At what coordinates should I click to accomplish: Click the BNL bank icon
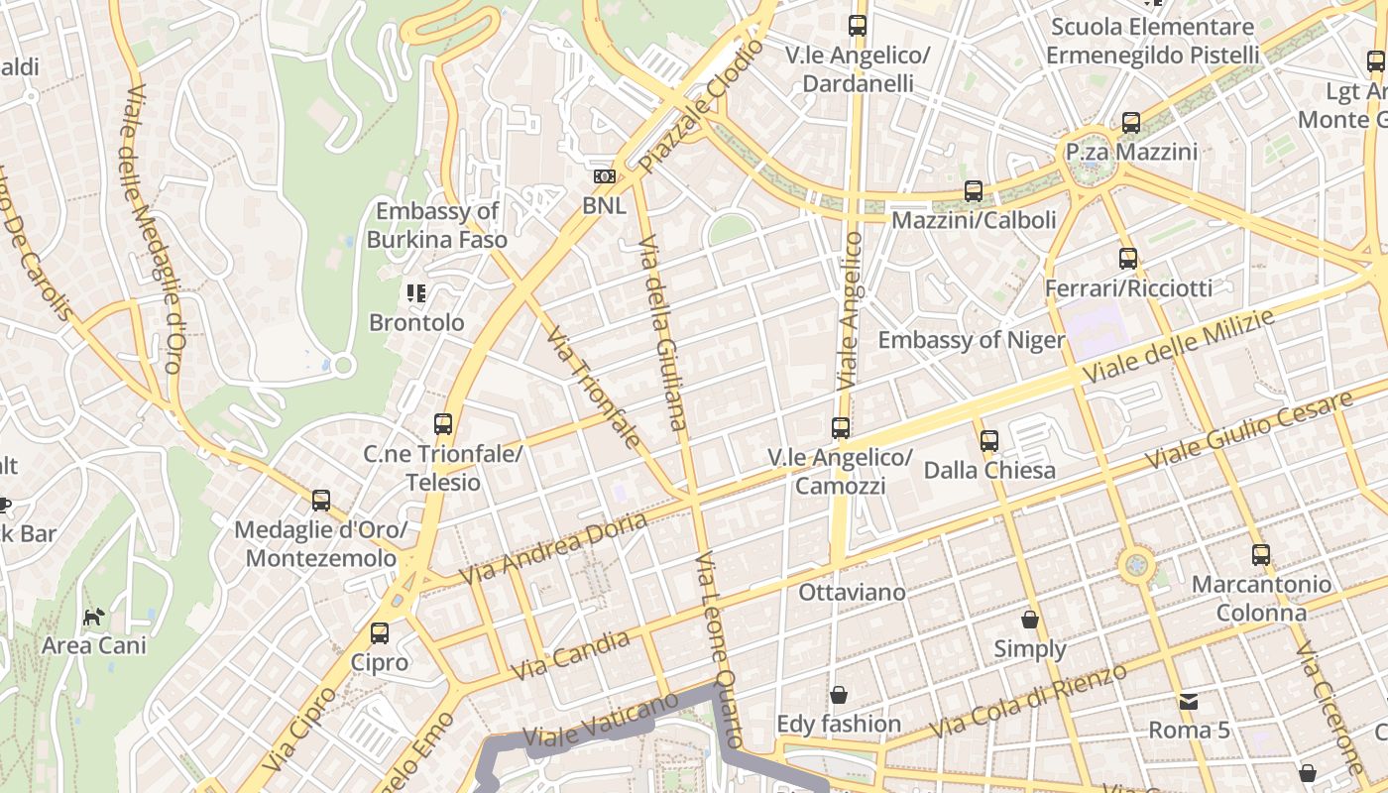pos(604,176)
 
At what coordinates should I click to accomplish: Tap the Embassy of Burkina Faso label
pos(436,225)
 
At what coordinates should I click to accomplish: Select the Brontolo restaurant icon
pos(416,293)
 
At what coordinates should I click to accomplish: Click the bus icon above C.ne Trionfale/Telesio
pos(443,424)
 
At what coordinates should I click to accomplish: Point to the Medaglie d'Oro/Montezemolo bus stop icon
pos(321,501)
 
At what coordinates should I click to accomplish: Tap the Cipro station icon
pos(379,633)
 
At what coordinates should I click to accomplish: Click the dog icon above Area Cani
pos(93,618)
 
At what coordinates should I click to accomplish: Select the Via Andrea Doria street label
pos(553,548)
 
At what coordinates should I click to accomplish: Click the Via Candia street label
pos(572,655)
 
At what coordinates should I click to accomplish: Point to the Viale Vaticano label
pos(600,722)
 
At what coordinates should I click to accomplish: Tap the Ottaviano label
pos(853,593)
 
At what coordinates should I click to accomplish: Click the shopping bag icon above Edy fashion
pos(839,695)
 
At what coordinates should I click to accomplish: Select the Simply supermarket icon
pos(1030,621)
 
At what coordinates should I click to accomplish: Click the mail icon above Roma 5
pos(1189,702)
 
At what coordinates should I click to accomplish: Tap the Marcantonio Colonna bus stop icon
pos(1261,555)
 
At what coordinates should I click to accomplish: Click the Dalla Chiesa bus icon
pos(988,440)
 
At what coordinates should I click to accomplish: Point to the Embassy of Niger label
pos(971,341)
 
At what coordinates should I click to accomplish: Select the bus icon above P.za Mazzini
pos(1131,124)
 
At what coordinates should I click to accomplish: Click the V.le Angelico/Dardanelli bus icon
pos(858,26)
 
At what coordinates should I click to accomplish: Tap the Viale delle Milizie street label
pos(1179,348)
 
